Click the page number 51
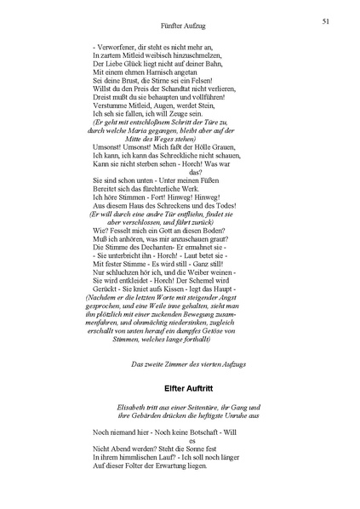click(327, 20)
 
